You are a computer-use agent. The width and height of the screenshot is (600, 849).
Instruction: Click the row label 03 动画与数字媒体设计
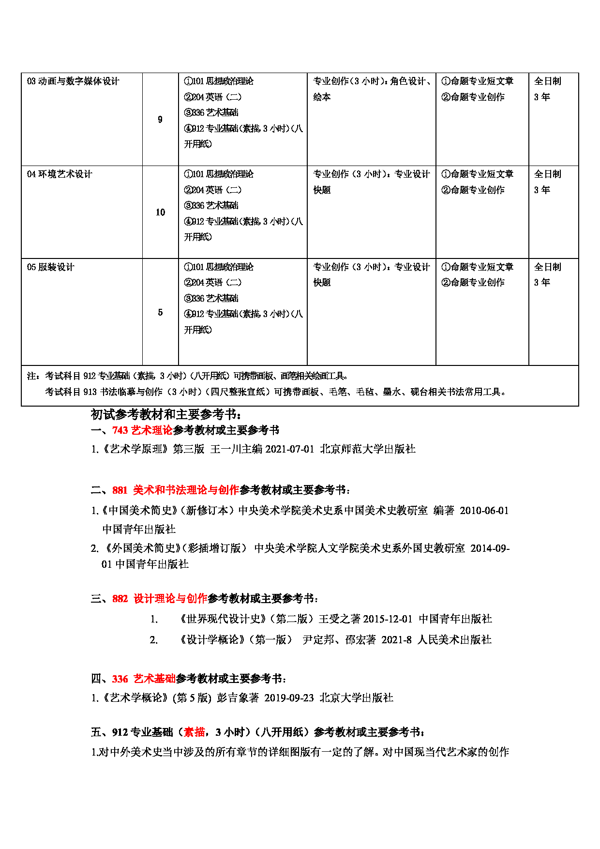[73, 81]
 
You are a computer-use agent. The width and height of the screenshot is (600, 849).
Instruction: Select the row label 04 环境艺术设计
[60, 174]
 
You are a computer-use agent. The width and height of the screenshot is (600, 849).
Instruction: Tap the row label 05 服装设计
[51, 267]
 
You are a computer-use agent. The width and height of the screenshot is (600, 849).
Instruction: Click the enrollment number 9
[160, 120]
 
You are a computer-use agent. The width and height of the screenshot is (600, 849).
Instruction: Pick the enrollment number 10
[160, 212]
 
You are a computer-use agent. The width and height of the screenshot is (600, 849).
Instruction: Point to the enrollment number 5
[160, 312]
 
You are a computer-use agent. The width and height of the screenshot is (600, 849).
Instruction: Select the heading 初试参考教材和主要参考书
[165, 414]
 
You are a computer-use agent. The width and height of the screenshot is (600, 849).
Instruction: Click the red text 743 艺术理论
[142, 430]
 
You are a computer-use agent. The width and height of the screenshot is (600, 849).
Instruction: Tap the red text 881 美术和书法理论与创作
[176, 490]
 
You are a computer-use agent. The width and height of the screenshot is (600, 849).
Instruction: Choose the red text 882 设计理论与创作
[160, 599]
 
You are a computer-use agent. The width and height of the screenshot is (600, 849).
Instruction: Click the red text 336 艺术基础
[144, 679]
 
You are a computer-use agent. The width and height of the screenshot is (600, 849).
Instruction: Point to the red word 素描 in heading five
[195, 732]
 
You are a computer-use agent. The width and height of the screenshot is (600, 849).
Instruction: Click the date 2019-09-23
[289, 698]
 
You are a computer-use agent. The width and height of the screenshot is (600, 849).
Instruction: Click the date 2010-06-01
[484, 511]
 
